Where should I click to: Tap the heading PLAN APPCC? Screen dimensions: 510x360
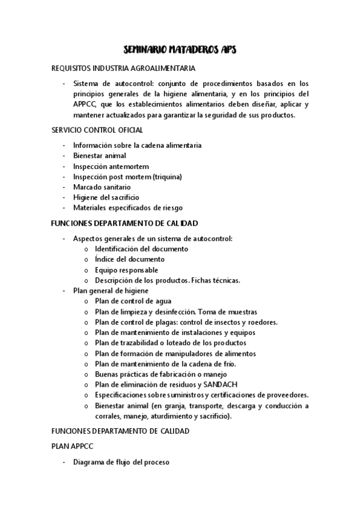click(x=72, y=447)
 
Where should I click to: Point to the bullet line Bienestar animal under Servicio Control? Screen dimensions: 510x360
click(x=99, y=156)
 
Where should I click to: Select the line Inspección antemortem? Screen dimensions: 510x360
click(x=111, y=166)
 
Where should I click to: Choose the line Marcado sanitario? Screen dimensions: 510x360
click(x=102, y=187)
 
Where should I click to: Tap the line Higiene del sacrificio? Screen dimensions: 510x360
click(x=106, y=197)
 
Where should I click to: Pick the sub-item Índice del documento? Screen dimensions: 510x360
click(x=129, y=259)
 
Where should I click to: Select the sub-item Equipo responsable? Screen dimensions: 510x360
click(x=126, y=270)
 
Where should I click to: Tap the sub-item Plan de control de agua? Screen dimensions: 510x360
click(x=133, y=301)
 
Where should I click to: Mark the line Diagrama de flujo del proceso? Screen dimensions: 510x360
click(x=121, y=462)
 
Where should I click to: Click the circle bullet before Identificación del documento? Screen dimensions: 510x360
click(x=87, y=249)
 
